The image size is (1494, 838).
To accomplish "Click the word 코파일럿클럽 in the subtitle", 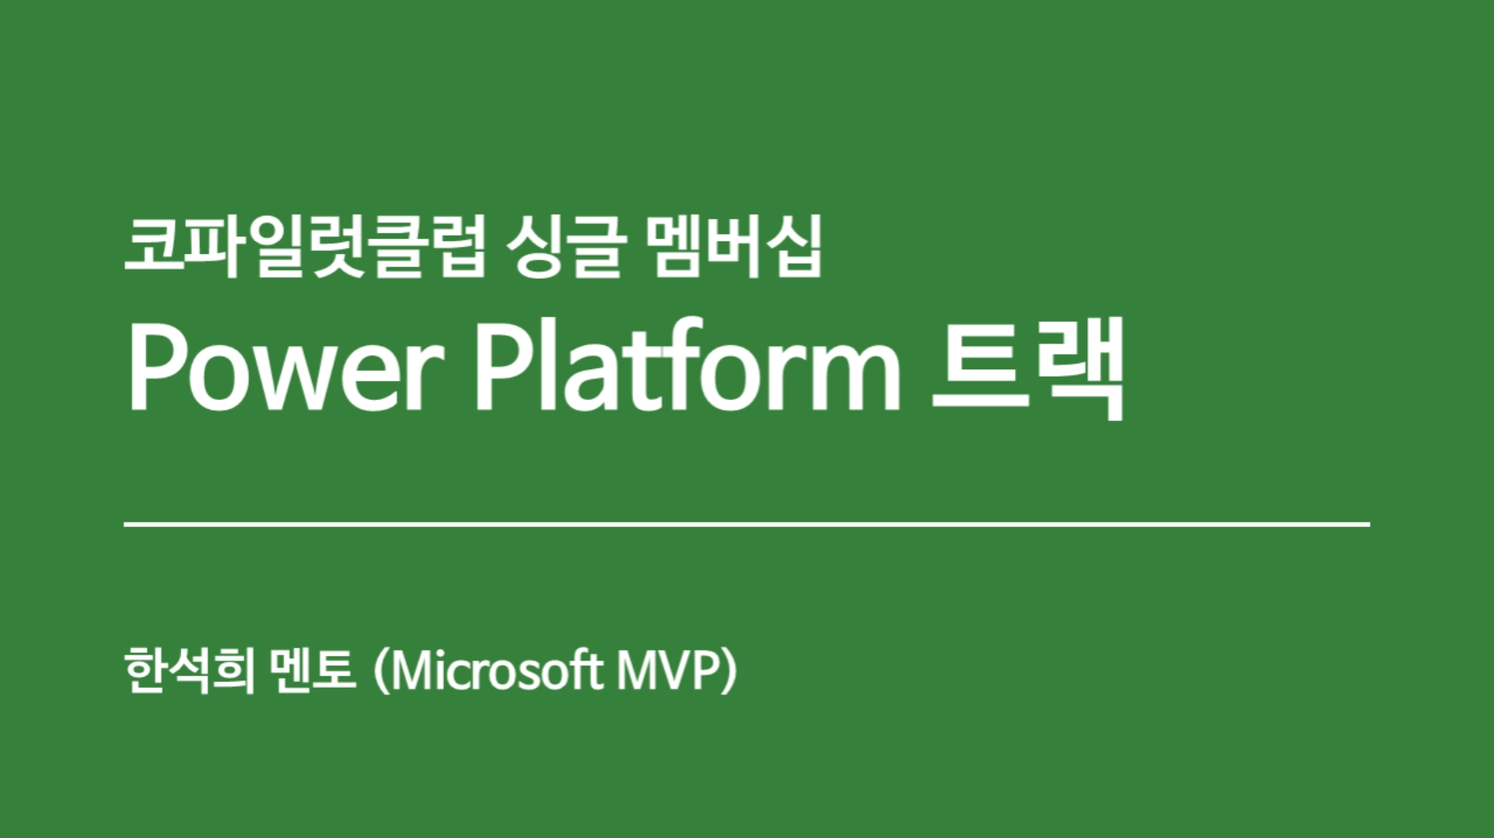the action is pos(305,246).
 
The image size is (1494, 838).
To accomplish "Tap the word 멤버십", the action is pos(733,246).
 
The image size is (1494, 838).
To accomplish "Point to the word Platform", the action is pos(687,366).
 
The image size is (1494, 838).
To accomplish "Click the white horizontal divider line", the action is pos(747,524).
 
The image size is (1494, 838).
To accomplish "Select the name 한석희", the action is pos(188,670).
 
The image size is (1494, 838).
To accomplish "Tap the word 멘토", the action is pos(312,670).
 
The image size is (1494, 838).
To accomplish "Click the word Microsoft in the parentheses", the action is pos(496,670).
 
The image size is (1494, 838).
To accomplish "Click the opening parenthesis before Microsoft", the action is pos(382,671).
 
